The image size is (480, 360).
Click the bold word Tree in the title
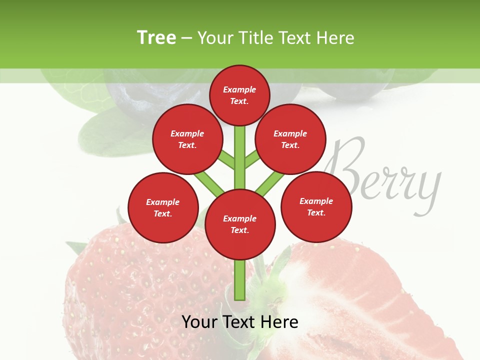point(156,38)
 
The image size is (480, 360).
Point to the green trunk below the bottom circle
point(240,280)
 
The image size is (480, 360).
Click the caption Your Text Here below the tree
point(240,322)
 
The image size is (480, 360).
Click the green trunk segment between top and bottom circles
point(240,160)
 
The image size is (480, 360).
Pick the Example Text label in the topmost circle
point(239,95)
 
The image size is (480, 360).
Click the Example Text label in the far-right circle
point(316,206)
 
